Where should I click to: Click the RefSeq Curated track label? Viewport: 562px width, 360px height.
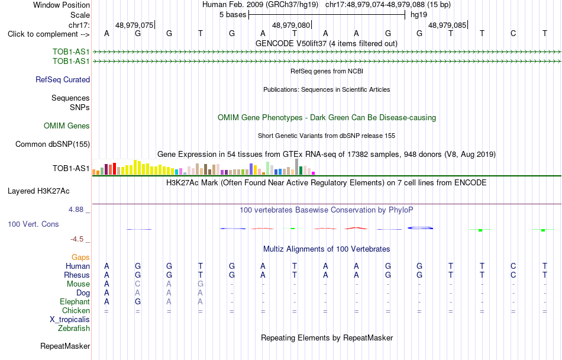(x=63, y=79)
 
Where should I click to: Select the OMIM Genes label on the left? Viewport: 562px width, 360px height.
(x=67, y=126)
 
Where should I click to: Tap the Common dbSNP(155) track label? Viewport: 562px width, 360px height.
(x=53, y=144)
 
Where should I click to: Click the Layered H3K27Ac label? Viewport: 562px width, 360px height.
(x=38, y=191)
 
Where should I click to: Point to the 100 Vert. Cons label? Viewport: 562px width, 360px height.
(x=33, y=224)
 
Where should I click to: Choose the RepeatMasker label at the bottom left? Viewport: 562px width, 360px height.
(x=65, y=346)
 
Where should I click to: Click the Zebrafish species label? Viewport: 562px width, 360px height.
(x=74, y=328)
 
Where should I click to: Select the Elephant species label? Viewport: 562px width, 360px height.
(x=75, y=301)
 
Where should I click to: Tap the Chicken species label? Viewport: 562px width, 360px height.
(x=76, y=310)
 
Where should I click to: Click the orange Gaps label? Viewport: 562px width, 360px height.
(x=80, y=257)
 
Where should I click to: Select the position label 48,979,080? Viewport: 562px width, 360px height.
(x=291, y=25)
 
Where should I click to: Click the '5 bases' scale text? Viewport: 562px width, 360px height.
(x=233, y=15)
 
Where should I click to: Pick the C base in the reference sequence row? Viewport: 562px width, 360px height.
(x=513, y=33)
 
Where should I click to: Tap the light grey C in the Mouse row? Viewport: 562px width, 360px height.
(x=138, y=284)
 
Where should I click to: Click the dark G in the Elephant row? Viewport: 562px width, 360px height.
(x=138, y=301)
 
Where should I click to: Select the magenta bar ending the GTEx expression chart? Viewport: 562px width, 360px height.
(x=314, y=173)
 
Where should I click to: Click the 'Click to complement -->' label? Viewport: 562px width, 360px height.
(x=49, y=34)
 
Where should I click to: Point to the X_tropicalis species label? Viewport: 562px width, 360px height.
(x=70, y=320)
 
